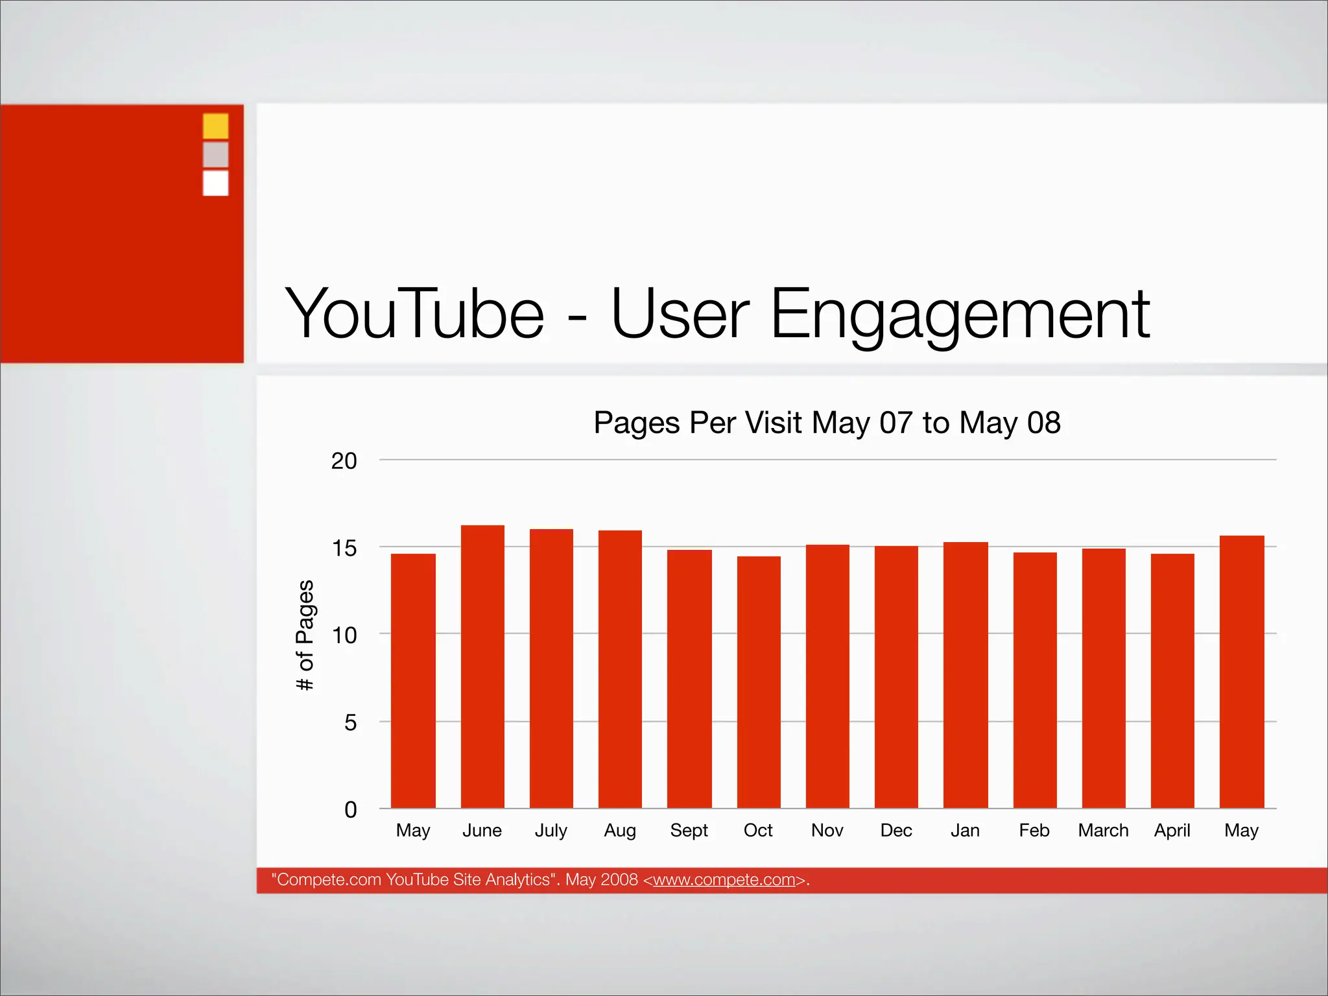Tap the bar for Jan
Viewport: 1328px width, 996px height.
[x=966, y=675]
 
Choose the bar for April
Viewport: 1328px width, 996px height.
[x=1172, y=681]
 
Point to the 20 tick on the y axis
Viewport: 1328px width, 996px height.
[x=344, y=461]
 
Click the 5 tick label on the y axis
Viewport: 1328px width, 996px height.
[x=350, y=722]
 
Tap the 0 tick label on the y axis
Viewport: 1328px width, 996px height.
[x=350, y=809]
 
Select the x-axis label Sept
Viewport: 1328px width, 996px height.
[x=689, y=831]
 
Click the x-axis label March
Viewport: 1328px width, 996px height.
[x=1103, y=831]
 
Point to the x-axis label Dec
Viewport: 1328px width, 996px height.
[x=896, y=831]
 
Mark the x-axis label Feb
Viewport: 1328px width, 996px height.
[x=1034, y=831]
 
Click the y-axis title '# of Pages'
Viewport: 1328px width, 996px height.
[x=305, y=635]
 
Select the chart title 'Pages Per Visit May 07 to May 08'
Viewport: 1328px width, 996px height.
[x=827, y=423]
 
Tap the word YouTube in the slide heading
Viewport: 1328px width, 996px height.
[x=414, y=314]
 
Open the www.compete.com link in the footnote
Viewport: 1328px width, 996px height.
[x=724, y=880]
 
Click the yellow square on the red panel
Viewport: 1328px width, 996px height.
[x=215, y=126]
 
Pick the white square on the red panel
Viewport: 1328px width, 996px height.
[x=215, y=183]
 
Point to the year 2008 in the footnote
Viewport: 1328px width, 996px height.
[x=619, y=880]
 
